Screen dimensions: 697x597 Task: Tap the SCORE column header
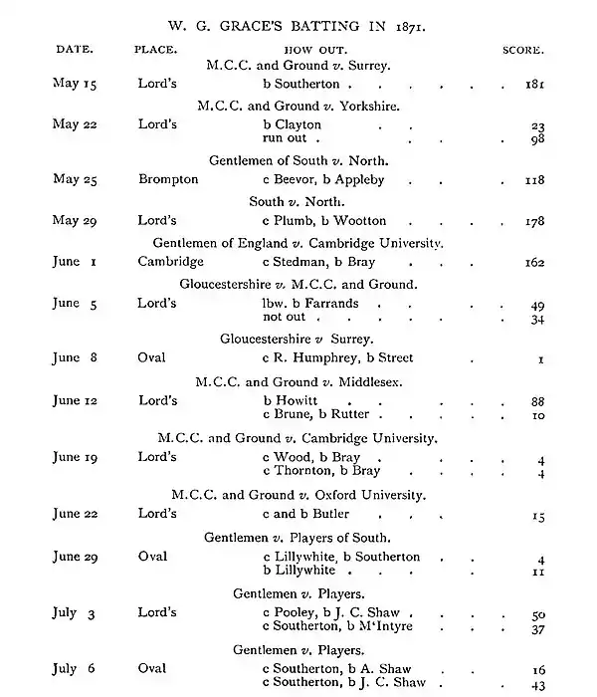[523, 49]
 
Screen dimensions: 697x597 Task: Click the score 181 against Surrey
[534, 86]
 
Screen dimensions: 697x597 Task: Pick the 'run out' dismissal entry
[284, 138]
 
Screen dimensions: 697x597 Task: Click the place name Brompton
[168, 180]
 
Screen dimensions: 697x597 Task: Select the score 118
[534, 181]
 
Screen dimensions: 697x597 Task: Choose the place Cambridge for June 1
[171, 262]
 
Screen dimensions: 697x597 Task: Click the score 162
[534, 263]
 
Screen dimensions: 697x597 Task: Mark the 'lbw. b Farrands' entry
[310, 303]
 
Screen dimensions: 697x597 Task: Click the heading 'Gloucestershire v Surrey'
[297, 339]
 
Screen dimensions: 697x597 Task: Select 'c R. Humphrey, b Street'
[337, 358]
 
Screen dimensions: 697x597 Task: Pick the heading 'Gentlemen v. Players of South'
[298, 537]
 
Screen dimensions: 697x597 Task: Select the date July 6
[72, 669]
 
